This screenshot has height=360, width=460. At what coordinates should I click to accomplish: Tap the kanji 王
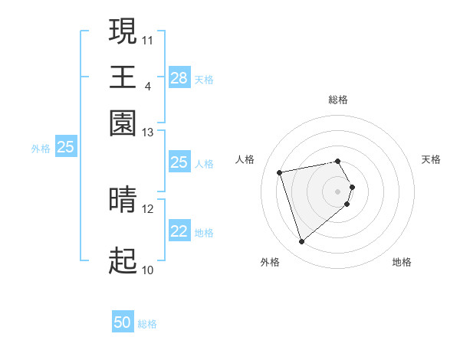[123, 77]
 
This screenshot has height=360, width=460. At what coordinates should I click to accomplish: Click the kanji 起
[123, 261]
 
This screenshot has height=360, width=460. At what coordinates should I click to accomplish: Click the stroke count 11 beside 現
[148, 39]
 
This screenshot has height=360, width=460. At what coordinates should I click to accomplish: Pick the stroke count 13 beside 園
[148, 133]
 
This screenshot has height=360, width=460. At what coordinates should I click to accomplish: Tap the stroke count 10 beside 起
[148, 270]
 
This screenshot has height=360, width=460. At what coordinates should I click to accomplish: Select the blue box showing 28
[179, 78]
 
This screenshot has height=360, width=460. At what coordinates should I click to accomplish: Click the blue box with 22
[179, 231]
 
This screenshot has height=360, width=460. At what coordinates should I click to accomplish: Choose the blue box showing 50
[123, 323]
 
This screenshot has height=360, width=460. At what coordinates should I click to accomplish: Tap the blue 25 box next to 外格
[65, 148]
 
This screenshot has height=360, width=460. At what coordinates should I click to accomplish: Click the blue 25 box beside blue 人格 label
[179, 162]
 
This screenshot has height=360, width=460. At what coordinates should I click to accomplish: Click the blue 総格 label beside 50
[147, 324]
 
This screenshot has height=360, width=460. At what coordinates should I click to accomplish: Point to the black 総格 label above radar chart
[338, 100]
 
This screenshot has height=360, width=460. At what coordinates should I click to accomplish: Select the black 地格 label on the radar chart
[402, 263]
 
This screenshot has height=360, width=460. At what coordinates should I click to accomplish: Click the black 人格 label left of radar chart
[245, 159]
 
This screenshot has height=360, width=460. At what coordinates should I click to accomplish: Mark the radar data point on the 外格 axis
[302, 242]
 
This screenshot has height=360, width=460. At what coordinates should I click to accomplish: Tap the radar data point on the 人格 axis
[280, 172]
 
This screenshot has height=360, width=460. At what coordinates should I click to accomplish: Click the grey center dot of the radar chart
[338, 190]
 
